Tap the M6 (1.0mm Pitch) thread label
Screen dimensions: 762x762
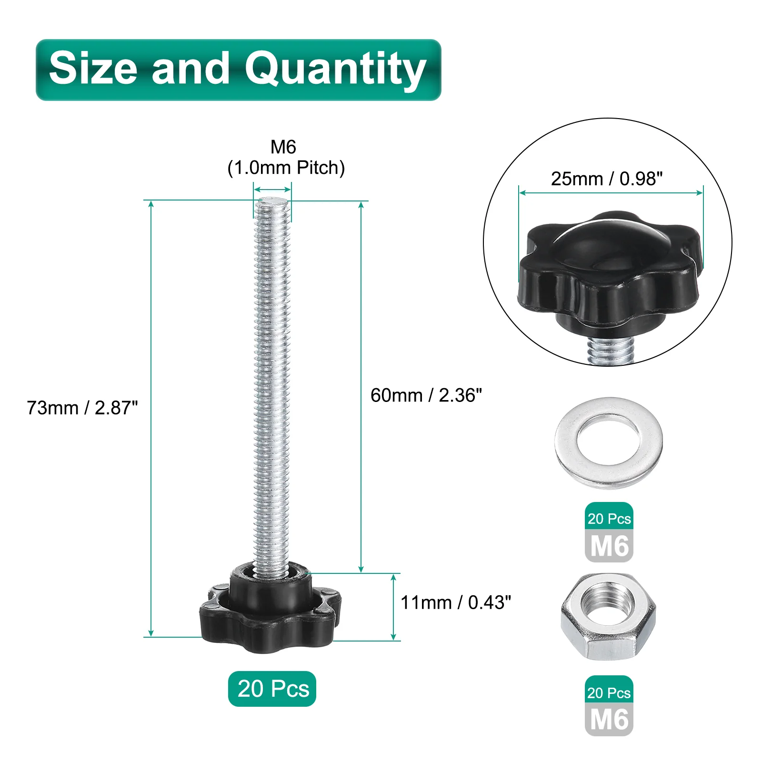tap(286, 158)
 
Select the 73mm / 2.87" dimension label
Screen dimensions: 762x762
tap(82, 408)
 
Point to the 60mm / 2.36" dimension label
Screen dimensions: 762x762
tap(426, 395)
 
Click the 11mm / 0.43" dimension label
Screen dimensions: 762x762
tap(456, 602)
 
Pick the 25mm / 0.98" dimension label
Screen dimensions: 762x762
tap(607, 179)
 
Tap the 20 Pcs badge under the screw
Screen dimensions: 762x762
tap(272, 689)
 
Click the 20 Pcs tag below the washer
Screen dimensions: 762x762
tap(609, 517)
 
